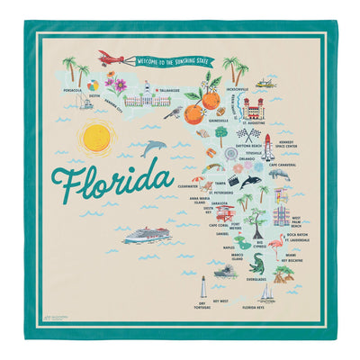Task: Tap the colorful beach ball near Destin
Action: tap(94, 88)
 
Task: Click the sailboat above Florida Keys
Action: tap(266, 294)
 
